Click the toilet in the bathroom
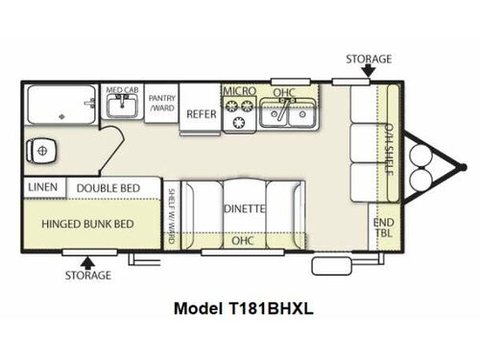point(43,150)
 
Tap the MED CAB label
point(122,89)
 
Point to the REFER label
point(201,111)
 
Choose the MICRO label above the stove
point(239,91)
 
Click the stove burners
point(239,117)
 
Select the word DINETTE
point(245,206)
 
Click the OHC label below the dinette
point(244,241)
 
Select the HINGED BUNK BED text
point(86,224)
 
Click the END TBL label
point(383,227)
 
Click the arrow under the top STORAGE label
point(365,74)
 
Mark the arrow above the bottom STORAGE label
point(87,259)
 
